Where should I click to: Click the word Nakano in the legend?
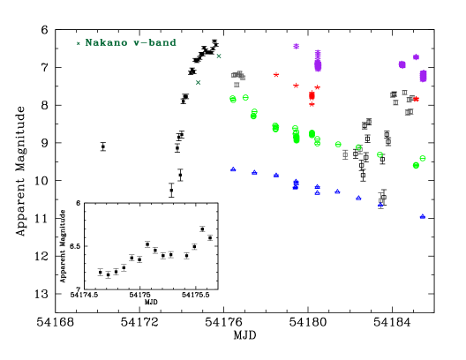click(106, 42)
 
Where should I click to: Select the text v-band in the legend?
click(154, 42)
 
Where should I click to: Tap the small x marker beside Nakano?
click(78, 43)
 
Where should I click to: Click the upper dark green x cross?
click(219, 56)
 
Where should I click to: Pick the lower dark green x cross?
click(198, 83)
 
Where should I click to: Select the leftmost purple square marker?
click(296, 46)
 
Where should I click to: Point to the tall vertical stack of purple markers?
click(318, 61)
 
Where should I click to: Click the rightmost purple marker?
click(423, 76)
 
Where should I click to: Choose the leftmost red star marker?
click(275, 75)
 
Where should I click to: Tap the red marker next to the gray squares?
click(416, 99)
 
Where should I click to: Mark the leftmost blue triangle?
click(233, 169)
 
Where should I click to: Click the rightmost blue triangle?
click(422, 215)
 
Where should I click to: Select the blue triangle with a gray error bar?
click(380, 205)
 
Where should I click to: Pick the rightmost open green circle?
click(423, 158)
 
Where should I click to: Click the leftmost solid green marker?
click(233, 100)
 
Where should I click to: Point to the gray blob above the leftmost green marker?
click(238, 76)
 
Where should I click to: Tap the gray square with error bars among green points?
click(345, 154)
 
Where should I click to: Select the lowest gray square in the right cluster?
click(408, 112)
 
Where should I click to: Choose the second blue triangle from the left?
click(254, 171)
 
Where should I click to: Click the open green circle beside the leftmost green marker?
click(245, 97)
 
